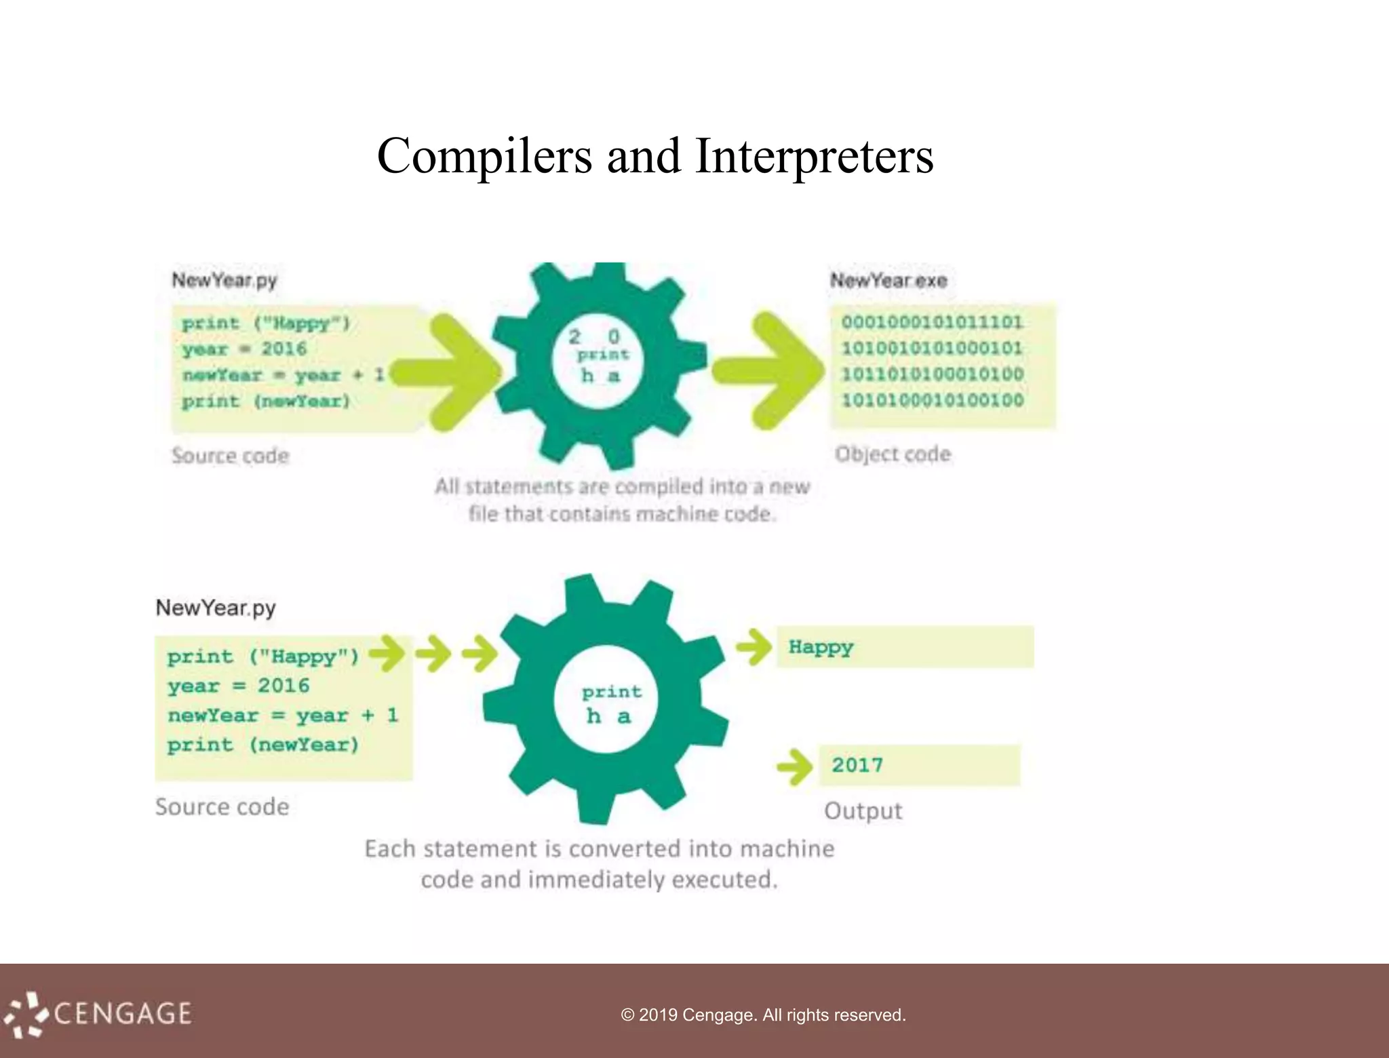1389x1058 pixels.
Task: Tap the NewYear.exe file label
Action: click(888, 280)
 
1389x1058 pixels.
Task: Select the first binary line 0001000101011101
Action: click(932, 322)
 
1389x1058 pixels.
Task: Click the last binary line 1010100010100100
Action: click(932, 400)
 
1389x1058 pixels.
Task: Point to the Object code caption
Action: click(893, 454)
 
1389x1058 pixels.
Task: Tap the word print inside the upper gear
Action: click(602, 355)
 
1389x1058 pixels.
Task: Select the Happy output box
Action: click(904, 647)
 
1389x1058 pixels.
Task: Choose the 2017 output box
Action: click(919, 765)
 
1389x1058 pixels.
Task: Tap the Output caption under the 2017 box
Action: click(863, 811)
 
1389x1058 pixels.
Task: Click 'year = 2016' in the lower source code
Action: click(238, 686)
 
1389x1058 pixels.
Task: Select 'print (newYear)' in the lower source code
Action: click(262, 745)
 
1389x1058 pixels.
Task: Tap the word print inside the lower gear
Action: click(611, 692)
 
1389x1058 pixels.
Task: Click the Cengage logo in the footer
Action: click(98, 1014)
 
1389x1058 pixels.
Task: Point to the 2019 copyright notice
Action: click(763, 1015)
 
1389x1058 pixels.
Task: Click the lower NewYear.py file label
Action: click(216, 608)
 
